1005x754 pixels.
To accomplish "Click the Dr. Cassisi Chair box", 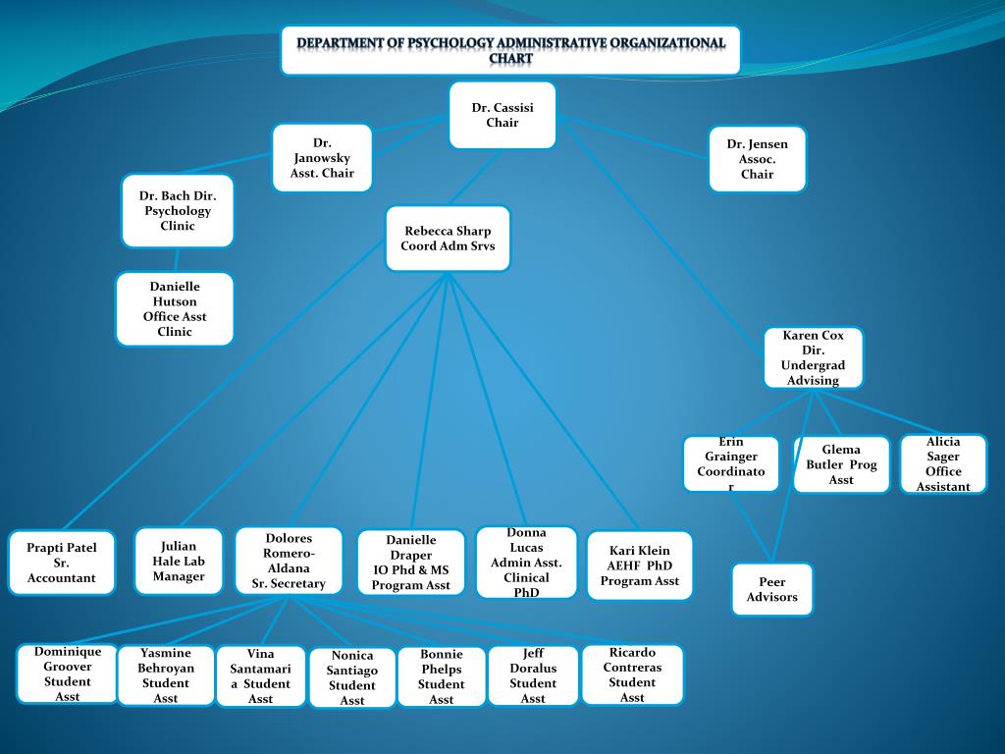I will (x=502, y=115).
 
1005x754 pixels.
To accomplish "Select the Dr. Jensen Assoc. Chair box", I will (x=757, y=158).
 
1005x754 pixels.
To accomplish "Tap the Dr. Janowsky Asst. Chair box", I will (x=322, y=157).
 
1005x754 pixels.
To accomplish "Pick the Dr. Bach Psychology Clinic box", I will (x=178, y=210).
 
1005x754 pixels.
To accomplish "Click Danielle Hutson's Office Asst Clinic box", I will (x=175, y=308).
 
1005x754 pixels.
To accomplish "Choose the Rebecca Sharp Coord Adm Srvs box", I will (x=448, y=239).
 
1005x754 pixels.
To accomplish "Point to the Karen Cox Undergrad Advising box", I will (x=813, y=357).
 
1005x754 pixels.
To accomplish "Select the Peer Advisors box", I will (x=771, y=589).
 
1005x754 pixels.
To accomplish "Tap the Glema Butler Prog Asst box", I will (x=841, y=464).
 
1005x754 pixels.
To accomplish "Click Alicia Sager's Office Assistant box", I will (x=942, y=463).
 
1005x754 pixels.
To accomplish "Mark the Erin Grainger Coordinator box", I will (x=731, y=463).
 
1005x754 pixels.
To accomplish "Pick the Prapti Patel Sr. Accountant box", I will (x=61, y=563).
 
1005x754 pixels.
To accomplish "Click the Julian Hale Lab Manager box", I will (x=179, y=561).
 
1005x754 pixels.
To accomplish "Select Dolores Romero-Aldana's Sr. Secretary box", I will (x=289, y=561).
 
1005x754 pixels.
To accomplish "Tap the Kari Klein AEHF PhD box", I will (x=639, y=565).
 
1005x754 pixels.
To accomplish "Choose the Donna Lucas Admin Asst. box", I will (x=526, y=562).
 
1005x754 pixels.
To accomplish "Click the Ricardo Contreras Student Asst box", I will (x=632, y=674).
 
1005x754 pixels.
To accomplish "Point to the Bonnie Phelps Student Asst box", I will (x=442, y=676).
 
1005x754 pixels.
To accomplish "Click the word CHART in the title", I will (x=510, y=59).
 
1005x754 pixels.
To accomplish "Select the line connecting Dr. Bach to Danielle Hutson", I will (x=177, y=259).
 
